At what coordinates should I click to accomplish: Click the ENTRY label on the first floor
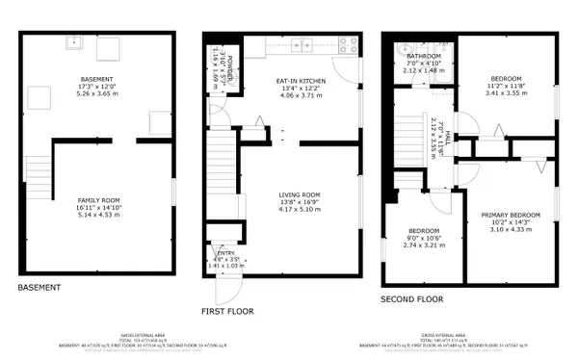(x=225, y=253)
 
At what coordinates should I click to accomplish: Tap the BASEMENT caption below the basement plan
(x=39, y=287)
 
